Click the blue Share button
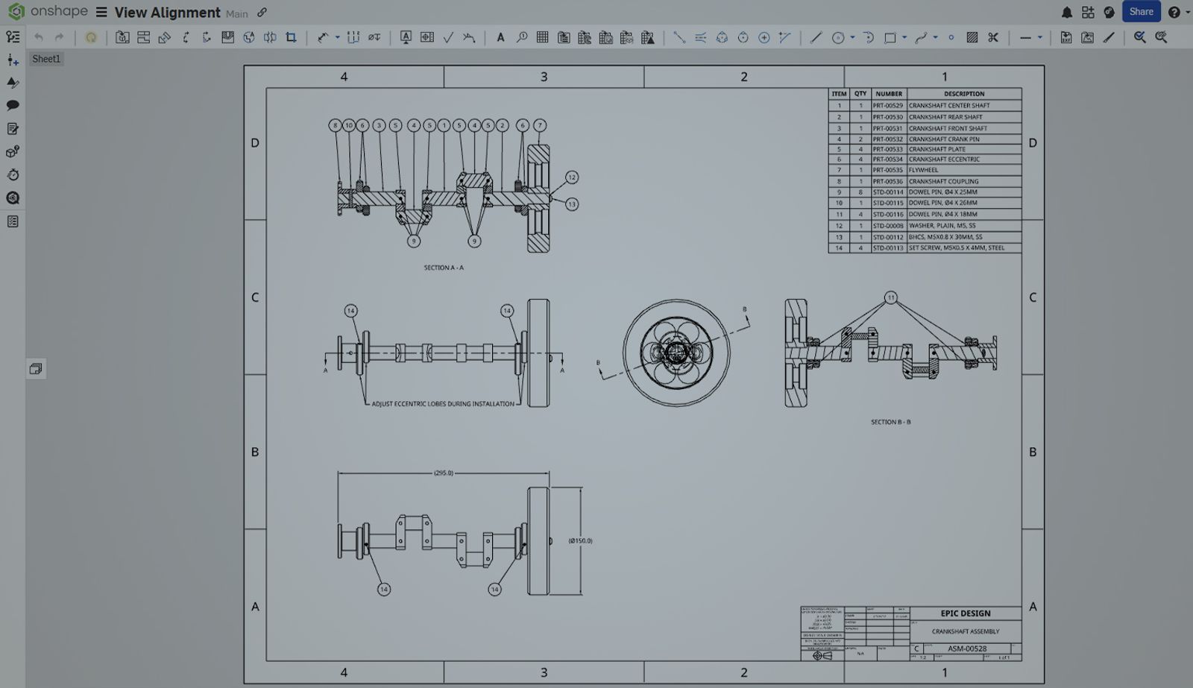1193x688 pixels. click(x=1141, y=12)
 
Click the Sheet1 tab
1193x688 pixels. click(x=46, y=59)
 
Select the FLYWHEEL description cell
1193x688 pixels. click(x=923, y=170)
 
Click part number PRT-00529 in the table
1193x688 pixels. click(x=887, y=106)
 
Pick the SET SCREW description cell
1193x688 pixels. click(x=956, y=248)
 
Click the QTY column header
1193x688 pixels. click(x=860, y=94)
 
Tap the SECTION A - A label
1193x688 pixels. click(x=444, y=268)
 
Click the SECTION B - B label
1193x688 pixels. click(x=890, y=422)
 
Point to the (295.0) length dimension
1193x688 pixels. click(x=444, y=473)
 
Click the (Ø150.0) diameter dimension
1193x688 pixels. click(x=580, y=540)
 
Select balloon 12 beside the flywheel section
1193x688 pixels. click(x=571, y=177)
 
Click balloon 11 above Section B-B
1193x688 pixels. click(x=890, y=297)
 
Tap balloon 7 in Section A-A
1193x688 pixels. click(x=540, y=125)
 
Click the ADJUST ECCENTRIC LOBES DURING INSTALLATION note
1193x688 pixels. click(x=443, y=404)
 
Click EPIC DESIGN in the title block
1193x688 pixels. click(x=965, y=613)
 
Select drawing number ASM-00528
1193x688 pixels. click(x=966, y=648)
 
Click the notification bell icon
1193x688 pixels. click(x=1066, y=13)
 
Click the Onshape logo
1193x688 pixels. click(x=16, y=12)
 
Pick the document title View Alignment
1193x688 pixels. click(x=167, y=13)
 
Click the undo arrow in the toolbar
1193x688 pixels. click(x=39, y=37)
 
